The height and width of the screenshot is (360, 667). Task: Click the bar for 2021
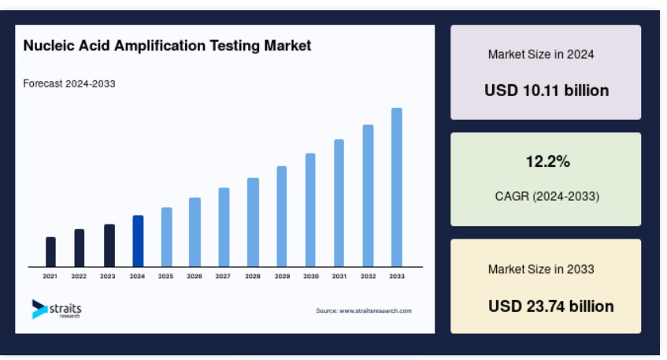[50, 252]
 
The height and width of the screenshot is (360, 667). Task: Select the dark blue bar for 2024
[138, 241]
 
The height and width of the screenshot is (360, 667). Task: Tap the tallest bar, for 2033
[396, 187]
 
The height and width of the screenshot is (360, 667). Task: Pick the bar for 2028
[253, 223]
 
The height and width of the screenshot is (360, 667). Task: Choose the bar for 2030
[310, 210]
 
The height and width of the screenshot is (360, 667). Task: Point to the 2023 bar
[109, 246]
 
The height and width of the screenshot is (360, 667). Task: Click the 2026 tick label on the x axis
[195, 276]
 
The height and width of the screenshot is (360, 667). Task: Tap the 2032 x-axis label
[368, 276]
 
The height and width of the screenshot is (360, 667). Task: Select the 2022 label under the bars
[79, 276]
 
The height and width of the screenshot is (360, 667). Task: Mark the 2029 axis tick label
[282, 276]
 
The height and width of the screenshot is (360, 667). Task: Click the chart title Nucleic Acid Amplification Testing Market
[167, 46]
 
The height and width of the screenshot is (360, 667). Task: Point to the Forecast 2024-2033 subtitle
[69, 84]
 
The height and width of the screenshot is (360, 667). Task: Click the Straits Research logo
[57, 310]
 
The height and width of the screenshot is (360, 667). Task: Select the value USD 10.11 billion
[547, 91]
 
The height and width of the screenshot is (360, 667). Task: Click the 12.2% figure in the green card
[548, 161]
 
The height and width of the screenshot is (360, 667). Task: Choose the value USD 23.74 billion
[551, 306]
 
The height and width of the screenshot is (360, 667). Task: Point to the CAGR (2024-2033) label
[547, 196]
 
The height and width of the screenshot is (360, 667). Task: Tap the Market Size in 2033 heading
[541, 269]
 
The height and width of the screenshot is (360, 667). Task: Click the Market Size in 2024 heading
[541, 54]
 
